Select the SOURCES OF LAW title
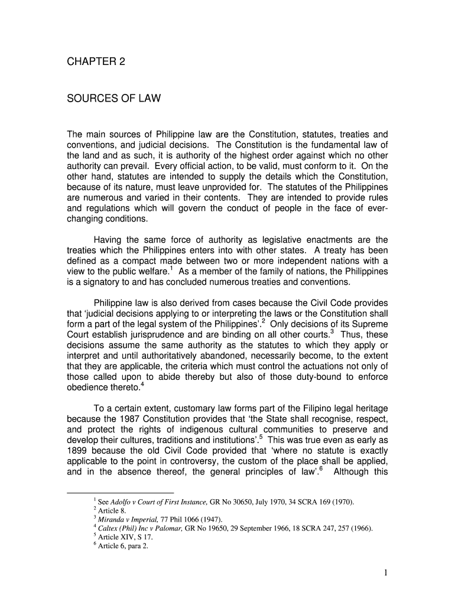tap(113, 99)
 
